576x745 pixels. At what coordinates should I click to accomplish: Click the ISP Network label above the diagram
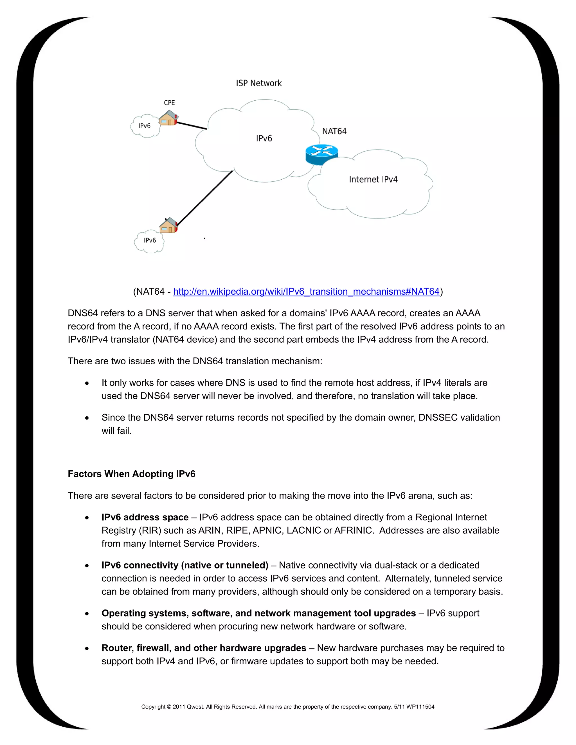tap(259, 83)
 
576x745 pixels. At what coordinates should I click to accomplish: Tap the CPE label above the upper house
tap(169, 103)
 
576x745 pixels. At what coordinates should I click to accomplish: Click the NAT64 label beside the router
tap(334, 131)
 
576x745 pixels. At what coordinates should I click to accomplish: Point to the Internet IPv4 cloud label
tap(373, 179)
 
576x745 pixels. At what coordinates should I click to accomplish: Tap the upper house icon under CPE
tap(168, 118)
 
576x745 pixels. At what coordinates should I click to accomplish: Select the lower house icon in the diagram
tap(168, 225)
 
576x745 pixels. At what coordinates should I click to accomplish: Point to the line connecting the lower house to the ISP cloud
tap(205, 198)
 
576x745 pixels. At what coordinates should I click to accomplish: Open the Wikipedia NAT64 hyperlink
tap(306, 292)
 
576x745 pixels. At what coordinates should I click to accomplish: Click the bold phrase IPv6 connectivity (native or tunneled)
tap(184, 565)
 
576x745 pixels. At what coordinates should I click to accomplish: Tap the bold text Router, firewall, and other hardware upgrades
tap(204, 648)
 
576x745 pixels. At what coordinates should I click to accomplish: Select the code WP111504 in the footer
tap(420, 707)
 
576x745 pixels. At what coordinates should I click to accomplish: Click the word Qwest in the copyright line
tap(194, 707)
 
